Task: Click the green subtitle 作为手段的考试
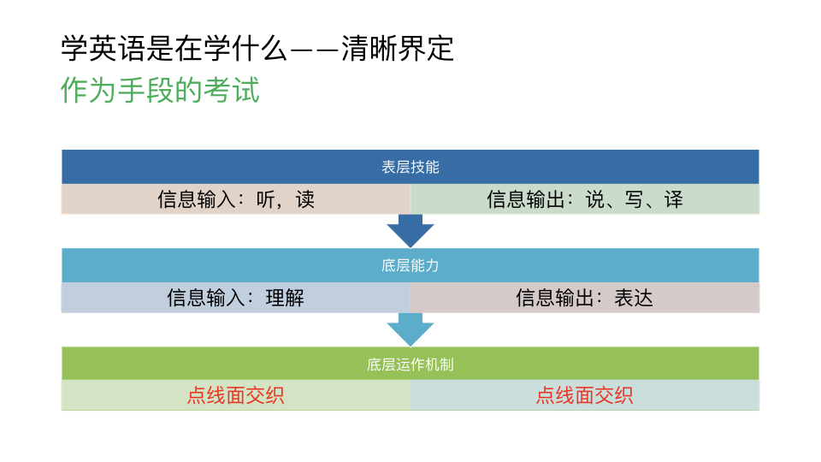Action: coord(160,91)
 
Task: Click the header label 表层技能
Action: coord(410,167)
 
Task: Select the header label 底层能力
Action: coord(410,265)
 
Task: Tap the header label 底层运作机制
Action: coord(410,364)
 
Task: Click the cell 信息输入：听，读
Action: coord(236,199)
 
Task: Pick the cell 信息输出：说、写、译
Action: coord(585,199)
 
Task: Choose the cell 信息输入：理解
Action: coord(236,298)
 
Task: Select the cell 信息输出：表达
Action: coord(585,298)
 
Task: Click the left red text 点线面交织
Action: coord(236,395)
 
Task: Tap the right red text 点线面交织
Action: coord(585,395)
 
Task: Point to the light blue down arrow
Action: coord(410,329)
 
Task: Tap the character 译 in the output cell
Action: coord(674,199)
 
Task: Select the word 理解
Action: coord(285,298)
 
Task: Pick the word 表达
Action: coord(634,298)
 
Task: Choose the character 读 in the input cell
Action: coord(305,199)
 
